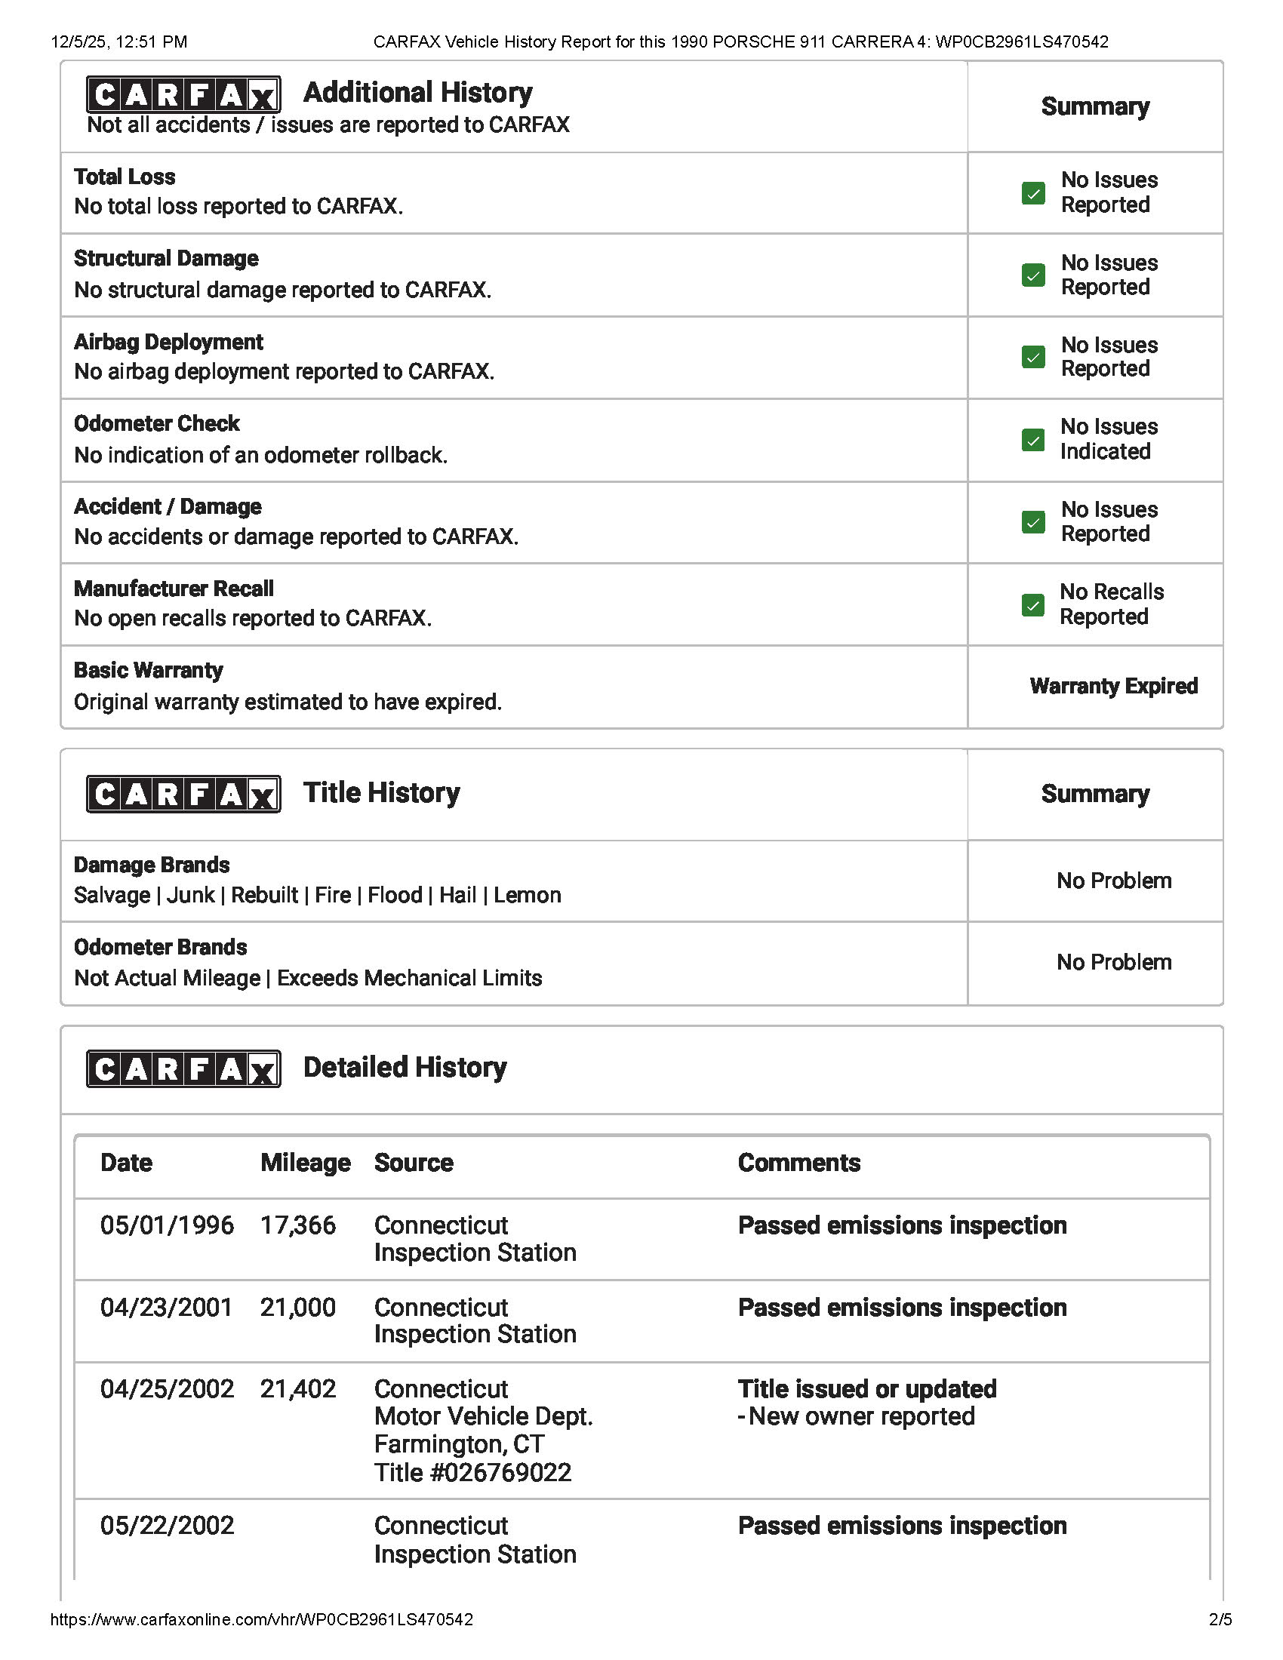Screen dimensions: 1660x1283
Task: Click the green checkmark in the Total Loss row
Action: click(x=1033, y=193)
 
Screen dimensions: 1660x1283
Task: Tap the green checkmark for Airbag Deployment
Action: click(x=1033, y=356)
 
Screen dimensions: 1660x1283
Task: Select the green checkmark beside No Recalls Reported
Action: click(x=1033, y=604)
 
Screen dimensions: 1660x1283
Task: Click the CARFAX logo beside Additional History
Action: click(x=183, y=95)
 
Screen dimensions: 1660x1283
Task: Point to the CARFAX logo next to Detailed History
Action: click(x=183, y=1068)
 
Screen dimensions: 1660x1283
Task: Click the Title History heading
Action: click(x=382, y=793)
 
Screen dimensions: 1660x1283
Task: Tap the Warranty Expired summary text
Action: click(x=1113, y=686)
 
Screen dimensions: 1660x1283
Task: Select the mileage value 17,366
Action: click(x=298, y=1225)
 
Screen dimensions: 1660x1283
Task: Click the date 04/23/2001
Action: click(x=167, y=1308)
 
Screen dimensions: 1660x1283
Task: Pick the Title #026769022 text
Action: click(x=472, y=1472)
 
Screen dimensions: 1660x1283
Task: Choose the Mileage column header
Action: click(x=306, y=1163)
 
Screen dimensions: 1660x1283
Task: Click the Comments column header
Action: click(x=798, y=1163)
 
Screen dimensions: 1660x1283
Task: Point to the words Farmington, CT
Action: click(x=459, y=1444)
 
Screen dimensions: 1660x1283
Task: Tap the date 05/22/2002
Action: click(x=168, y=1526)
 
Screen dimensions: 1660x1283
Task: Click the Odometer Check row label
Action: click(x=156, y=423)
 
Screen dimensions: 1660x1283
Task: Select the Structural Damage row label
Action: click(x=167, y=258)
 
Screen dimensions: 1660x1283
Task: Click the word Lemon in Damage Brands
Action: click(x=528, y=895)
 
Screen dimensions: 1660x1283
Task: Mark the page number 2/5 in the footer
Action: click(x=1220, y=1619)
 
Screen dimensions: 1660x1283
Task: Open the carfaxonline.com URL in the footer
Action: click(x=261, y=1619)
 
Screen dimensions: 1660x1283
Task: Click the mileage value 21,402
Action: click(x=298, y=1388)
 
